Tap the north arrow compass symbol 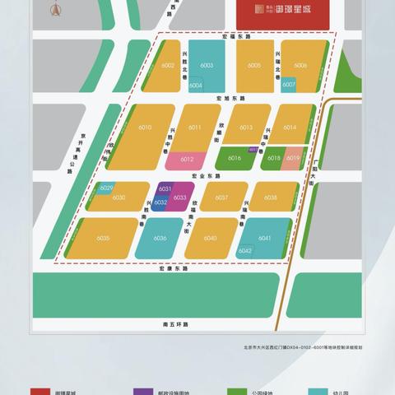tap(55, 11)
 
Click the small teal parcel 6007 tap(289, 84)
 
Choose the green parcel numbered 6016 tap(235, 157)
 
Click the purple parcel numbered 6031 tap(165, 189)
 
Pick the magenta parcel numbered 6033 tap(181, 197)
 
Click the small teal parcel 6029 tap(106, 188)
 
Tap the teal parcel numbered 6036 tap(160, 238)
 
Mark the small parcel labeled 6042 tap(245, 250)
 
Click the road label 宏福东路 tap(235, 37)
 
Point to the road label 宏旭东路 tap(230, 98)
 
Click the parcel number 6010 tap(145, 128)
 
